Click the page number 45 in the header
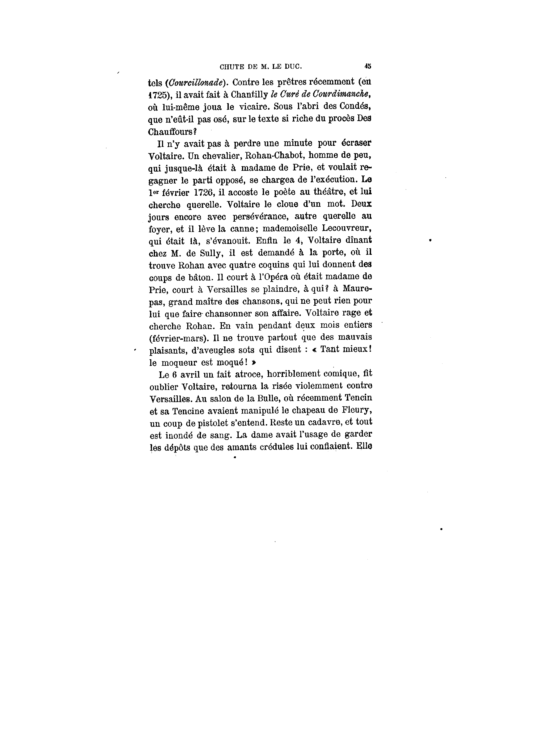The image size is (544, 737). point(368,66)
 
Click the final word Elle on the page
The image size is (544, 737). point(363,447)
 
